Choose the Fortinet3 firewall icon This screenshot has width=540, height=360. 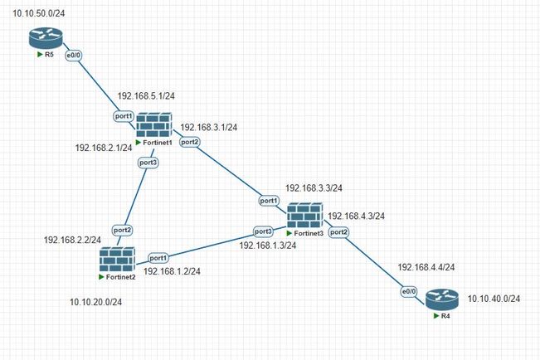(304, 217)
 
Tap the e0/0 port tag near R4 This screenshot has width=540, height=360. (409, 291)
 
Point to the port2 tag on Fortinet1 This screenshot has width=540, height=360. (189, 142)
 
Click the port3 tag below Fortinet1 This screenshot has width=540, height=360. (148, 163)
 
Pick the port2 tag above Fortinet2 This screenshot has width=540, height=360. (122, 229)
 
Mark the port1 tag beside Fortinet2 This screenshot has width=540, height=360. (158, 257)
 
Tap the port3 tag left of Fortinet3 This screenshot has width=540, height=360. (263, 231)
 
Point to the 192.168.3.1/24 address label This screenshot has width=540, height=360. (209, 128)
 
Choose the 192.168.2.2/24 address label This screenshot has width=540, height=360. (72, 240)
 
